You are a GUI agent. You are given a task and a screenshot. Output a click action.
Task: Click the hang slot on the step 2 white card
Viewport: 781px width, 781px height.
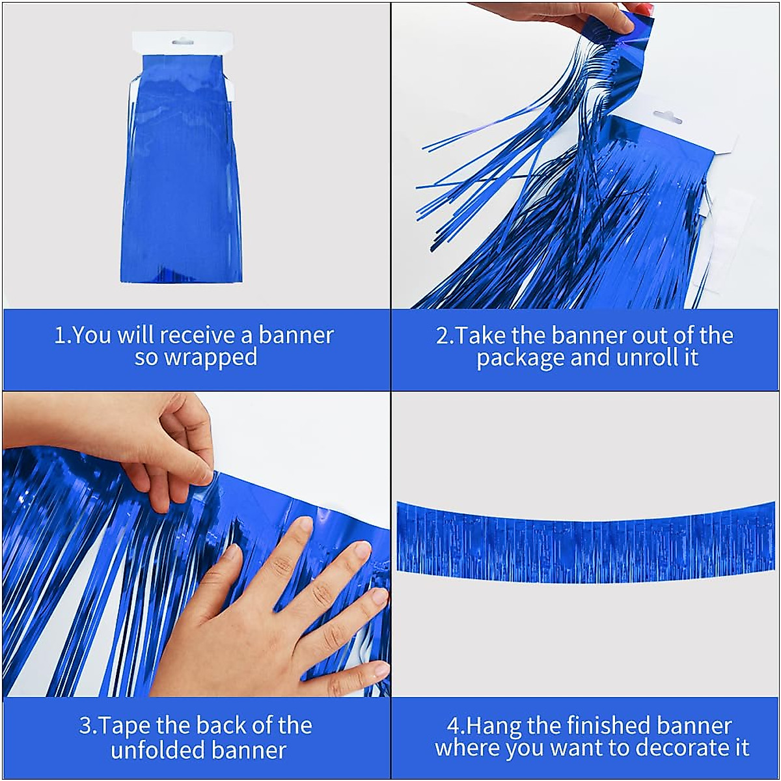(x=667, y=118)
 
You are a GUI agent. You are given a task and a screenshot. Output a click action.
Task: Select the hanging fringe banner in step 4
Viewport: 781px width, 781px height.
(x=586, y=541)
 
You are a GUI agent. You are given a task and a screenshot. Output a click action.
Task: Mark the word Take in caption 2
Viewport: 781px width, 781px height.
(x=480, y=335)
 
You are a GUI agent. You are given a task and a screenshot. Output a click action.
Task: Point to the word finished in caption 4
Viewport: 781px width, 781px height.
(x=609, y=726)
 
